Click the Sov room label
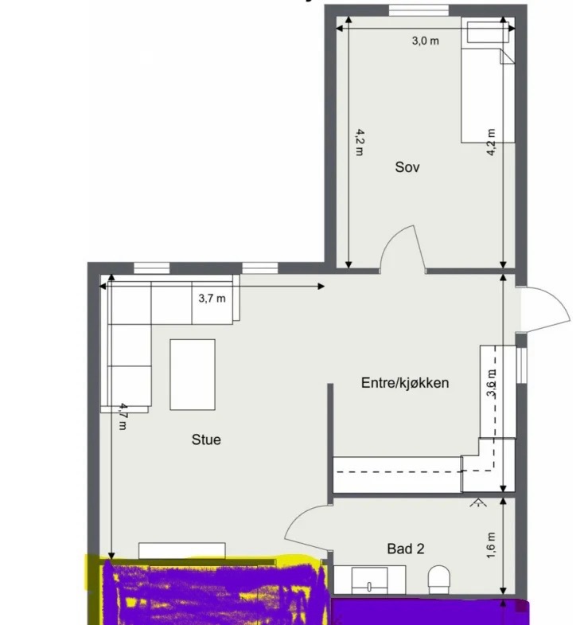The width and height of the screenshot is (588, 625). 407,167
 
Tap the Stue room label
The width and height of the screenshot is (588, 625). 206,439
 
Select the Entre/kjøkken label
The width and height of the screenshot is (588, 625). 405,383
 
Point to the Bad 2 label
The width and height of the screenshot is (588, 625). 406,549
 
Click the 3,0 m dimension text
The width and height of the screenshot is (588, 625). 426,41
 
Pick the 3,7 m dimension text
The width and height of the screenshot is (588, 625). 212,298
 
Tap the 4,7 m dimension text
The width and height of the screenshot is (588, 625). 124,416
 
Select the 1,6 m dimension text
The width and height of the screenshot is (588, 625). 491,545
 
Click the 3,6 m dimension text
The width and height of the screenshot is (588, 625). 492,384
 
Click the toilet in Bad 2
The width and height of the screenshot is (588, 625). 439,579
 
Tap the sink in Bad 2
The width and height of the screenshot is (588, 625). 369,580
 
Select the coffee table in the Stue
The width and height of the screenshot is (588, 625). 193,375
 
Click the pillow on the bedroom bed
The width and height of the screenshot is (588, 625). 488,33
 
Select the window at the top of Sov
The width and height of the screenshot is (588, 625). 419,10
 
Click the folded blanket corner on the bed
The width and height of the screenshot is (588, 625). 507,57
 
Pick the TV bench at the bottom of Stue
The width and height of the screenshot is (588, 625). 181,550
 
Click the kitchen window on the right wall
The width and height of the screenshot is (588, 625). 521,365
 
